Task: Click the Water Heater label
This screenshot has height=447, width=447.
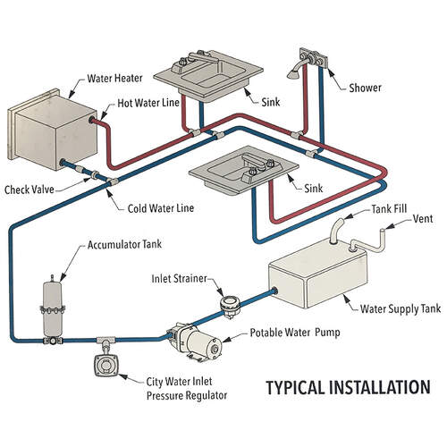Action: tap(114, 79)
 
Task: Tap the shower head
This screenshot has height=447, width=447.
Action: tap(293, 73)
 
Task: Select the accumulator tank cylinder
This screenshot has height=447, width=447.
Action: tap(53, 309)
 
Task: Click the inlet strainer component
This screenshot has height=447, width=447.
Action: tap(230, 307)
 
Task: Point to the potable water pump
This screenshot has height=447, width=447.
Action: tap(195, 342)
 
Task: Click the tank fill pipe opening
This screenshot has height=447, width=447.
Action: tap(339, 223)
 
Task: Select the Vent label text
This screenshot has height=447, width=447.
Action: tap(423, 219)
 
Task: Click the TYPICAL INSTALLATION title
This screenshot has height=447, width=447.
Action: tap(348, 387)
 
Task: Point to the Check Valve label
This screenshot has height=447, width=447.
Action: tap(30, 190)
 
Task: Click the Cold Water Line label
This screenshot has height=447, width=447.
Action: tap(161, 208)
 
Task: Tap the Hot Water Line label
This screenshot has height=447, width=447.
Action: tap(148, 103)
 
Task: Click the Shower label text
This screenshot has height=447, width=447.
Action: tap(365, 88)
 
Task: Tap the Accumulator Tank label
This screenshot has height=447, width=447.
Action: tap(124, 245)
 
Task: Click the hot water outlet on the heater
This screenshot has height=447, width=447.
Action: tap(92, 120)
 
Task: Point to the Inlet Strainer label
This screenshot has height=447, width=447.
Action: tap(179, 279)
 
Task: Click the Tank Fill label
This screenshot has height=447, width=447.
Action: tap(389, 209)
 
